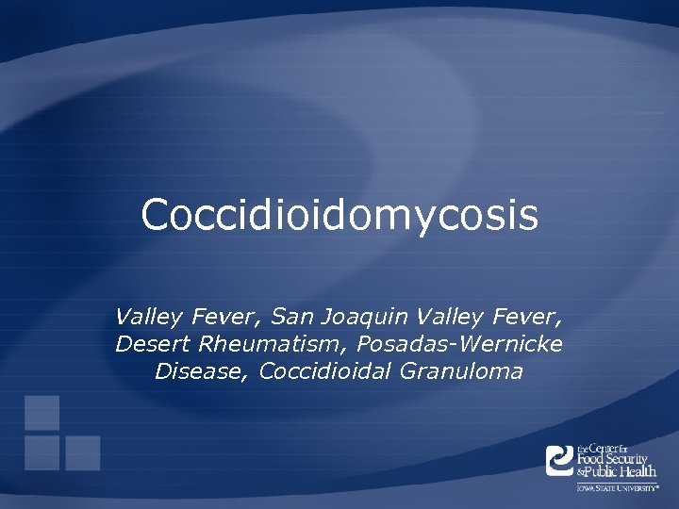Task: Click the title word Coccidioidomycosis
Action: coord(339,215)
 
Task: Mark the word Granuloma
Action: coord(461,371)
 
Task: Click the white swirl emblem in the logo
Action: coord(560,460)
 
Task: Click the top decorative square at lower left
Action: coord(41,413)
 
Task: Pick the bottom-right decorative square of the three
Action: coord(83,452)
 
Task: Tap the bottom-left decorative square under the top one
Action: coord(41,452)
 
